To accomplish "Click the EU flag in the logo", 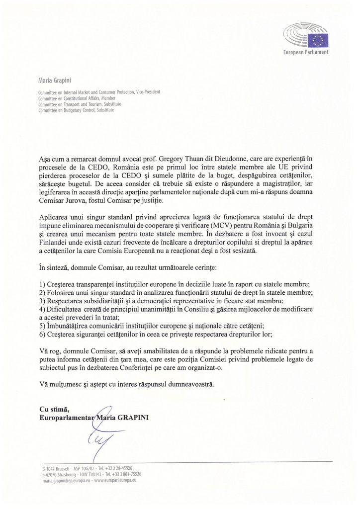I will [318, 40].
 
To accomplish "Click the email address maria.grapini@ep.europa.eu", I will [63, 481].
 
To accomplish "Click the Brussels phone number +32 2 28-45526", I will [120, 468].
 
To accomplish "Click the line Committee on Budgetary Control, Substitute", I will [76, 110].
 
